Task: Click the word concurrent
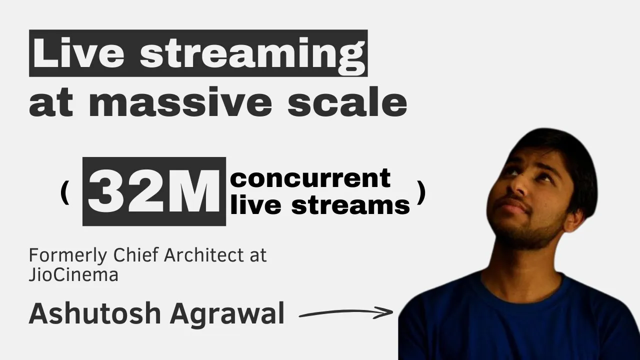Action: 310,178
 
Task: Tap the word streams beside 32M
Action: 350,205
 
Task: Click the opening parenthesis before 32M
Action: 63,192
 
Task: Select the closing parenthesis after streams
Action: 421,192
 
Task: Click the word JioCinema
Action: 73,274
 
